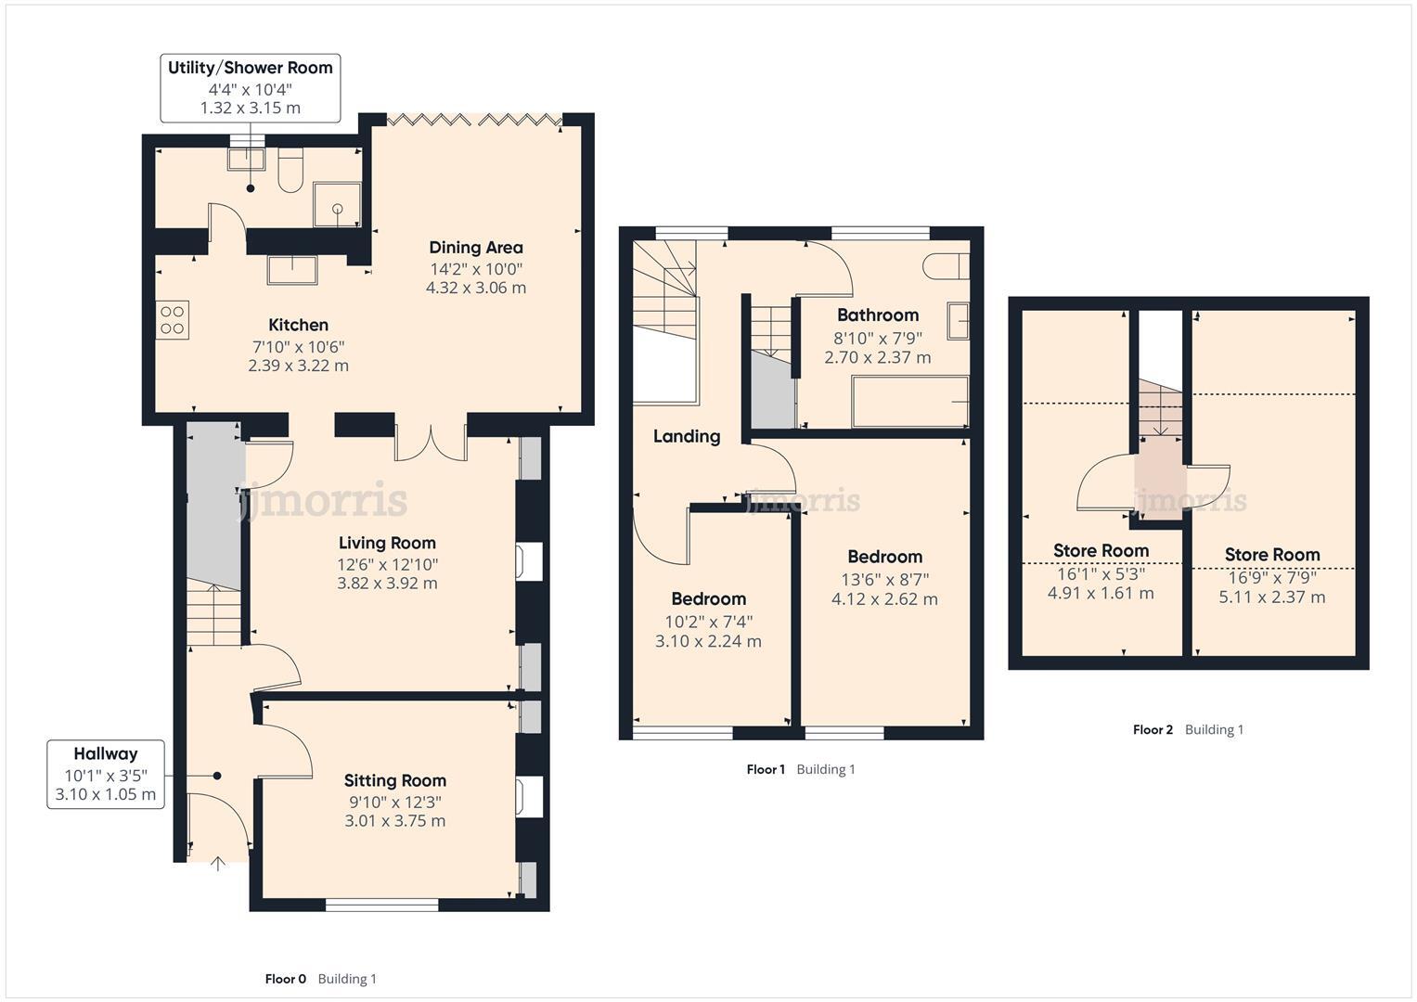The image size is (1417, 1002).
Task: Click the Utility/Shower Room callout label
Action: pos(250,87)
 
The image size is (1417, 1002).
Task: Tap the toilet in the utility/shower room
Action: pos(290,170)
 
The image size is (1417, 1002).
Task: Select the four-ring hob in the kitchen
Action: pos(173,320)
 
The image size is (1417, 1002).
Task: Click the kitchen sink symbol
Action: pos(292,269)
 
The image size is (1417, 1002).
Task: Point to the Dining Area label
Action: pos(475,248)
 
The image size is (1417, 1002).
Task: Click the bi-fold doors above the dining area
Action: pos(473,120)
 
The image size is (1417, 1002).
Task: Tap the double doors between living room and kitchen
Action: pos(431,443)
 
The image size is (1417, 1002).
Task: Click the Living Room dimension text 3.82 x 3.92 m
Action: pos(387,584)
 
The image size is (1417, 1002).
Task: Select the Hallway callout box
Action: pos(106,774)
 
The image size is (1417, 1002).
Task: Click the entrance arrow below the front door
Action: pos(218,865)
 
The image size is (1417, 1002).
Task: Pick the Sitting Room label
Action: pos(394,781)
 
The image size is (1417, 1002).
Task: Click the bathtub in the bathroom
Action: pos(909,402)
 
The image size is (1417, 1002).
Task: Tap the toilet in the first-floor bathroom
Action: pos(945,266)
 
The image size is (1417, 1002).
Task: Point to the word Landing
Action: pos(686,436)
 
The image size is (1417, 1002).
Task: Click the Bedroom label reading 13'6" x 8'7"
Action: pos(884,558)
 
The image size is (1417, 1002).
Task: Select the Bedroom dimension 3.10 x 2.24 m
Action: pos(708,641)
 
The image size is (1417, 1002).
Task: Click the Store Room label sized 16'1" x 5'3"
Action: pos(1101,551)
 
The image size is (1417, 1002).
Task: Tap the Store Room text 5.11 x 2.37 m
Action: pos(1271,597)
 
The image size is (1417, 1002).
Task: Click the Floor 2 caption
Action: pos(1153,730)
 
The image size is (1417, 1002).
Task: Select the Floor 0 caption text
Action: pos(286,979)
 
